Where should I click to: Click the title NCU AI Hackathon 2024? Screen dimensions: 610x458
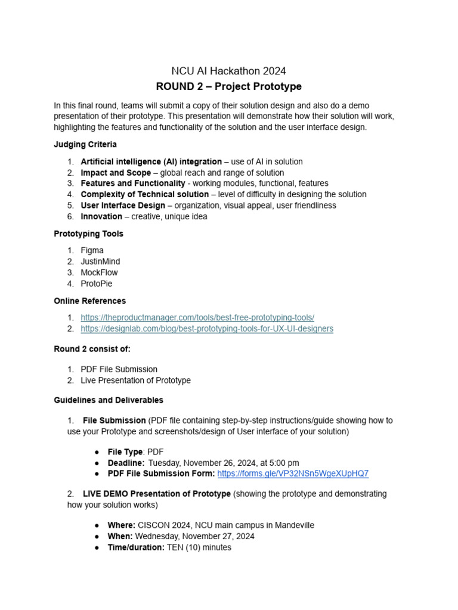[229, 71]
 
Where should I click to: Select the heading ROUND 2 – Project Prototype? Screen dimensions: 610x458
[229, 86]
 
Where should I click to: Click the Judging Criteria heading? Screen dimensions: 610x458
[85, 144]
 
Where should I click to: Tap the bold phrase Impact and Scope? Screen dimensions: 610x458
[116, 173]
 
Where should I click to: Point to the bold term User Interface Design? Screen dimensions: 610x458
[123, 206]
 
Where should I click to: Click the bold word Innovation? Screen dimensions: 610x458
[101, 216]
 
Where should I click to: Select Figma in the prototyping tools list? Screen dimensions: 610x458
[92, 251]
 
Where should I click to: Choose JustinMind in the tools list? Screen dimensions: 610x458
[100, 262]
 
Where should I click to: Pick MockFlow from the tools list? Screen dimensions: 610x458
[100, 273]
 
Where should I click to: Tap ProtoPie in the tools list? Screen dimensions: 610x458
[96, 284]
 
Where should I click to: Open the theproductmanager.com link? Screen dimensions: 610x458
[197, 318]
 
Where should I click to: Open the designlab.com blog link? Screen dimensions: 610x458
[207, 329]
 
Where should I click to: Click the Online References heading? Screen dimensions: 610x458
[90, 301]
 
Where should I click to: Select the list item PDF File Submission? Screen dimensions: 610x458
[119, 369]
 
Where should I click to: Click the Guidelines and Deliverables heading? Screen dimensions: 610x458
[109, 400]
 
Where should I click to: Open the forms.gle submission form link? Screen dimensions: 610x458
[293, 474]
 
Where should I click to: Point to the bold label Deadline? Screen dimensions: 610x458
[126, 463]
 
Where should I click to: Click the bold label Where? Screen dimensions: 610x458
[122, 525]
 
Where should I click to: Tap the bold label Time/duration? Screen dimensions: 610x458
[136, 547]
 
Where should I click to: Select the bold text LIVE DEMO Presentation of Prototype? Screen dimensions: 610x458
[156, 494]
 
